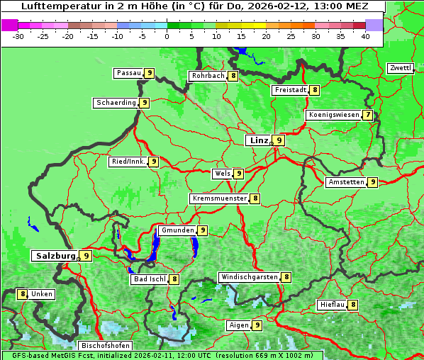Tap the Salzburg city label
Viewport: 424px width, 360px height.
(x=55, y=255)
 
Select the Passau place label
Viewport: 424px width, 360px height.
(x=128, y=73)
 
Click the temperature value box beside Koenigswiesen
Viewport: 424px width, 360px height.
(x=367, y=115)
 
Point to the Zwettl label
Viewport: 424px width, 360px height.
(x=400, y=68)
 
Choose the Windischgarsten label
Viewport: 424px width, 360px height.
(x=249, y=277)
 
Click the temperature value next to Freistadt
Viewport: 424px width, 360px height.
(x=314, y=90)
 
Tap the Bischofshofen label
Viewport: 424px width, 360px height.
(x=106, y=345)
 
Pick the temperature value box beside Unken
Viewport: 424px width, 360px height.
(x=23, y=293)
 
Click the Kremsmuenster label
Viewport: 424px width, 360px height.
(x=219, y=198)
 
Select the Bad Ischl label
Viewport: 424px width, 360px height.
(x=149, y=279)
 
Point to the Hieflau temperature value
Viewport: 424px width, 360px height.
(x=353, y=305)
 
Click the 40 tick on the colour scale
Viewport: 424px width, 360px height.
(x=364, y=36)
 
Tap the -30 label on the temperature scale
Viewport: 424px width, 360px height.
(x=18, y=36)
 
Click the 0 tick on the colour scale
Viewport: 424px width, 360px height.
(x=167, y=36)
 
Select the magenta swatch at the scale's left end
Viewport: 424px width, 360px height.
(x=10, y=25)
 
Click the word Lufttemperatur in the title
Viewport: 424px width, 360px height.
(x=53, y=6)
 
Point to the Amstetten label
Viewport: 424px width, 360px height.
(x=345, y=182)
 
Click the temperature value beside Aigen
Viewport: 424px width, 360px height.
(x=257, y=325)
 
